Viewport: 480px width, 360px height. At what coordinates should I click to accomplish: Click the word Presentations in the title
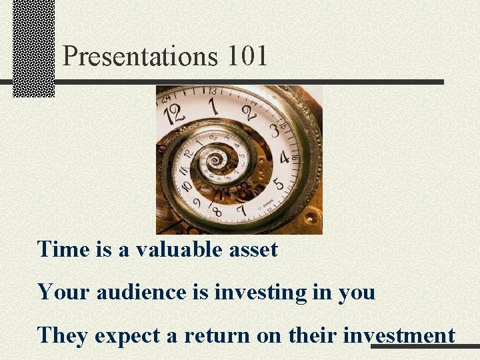pos(140,57)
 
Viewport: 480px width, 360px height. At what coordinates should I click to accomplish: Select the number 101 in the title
pos(247,56)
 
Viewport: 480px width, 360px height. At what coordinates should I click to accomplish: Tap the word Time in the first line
pos(63,249)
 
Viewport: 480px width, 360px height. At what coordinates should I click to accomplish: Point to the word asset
pos(253,251)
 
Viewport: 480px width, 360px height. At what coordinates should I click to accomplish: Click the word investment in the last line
pos(399,335)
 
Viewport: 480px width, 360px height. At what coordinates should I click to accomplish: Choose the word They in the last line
pos(63,335)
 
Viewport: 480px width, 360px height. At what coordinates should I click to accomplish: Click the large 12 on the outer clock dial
pos(175,114)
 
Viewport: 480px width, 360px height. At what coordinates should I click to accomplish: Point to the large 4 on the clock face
pos(285,158)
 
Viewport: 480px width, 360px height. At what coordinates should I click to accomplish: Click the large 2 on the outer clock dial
pos(247,111)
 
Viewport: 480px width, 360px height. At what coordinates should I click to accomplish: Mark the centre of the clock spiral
pos(215,161)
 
